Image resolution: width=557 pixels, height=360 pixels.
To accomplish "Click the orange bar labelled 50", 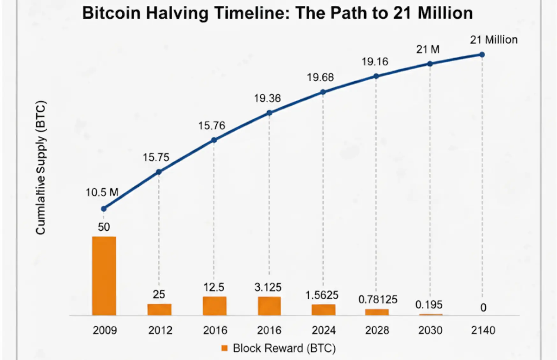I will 104,276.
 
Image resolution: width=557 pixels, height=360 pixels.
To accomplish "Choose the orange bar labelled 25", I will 159,309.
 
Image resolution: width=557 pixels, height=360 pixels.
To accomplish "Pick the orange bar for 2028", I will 377,312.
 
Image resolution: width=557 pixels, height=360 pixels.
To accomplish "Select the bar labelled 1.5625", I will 323,310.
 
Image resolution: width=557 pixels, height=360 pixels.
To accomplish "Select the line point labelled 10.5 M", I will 104,209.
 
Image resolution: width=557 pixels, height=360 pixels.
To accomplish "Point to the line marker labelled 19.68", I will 323,92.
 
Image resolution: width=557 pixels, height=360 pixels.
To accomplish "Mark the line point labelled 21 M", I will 430,64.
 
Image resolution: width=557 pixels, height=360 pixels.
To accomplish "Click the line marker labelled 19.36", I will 269,113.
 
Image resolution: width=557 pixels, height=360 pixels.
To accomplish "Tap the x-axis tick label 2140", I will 483,330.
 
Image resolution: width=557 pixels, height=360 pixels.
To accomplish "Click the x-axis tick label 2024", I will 323,330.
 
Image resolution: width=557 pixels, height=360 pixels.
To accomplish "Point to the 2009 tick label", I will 105,330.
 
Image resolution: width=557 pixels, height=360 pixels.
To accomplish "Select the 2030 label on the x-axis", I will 430,330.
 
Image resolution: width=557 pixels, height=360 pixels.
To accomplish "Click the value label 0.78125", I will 378,299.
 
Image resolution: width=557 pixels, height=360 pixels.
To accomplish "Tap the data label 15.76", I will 212,126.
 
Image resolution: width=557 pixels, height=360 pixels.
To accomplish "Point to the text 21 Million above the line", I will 494,40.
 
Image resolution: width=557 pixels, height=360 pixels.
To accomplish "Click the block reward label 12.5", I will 214,287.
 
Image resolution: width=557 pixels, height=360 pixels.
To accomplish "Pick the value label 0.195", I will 429,305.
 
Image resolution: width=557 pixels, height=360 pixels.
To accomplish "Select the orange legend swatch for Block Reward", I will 225,348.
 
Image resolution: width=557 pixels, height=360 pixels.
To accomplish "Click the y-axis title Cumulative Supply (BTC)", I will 41,168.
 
